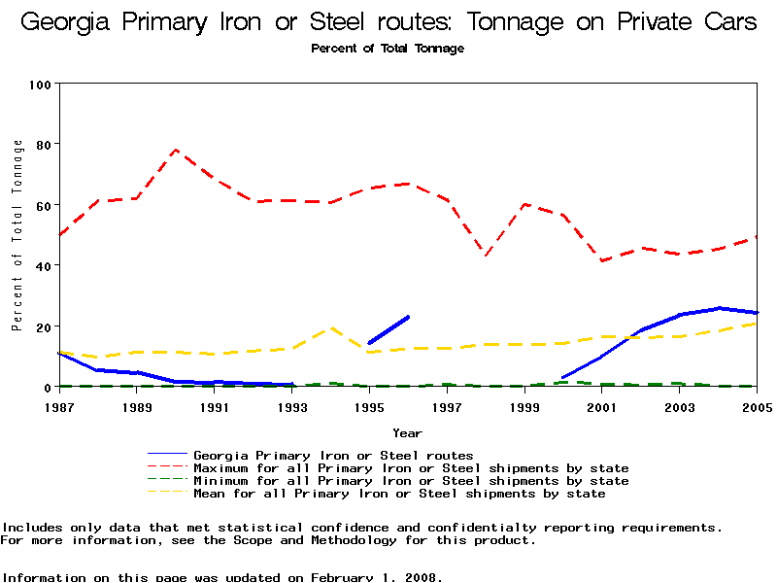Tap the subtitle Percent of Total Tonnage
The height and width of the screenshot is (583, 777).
click(x=388, y=49)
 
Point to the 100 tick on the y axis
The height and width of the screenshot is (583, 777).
click(x=40, y=85)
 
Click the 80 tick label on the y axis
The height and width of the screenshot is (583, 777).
click(x=43, y=145)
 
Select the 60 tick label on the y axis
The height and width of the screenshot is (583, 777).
click(x=43, y=205)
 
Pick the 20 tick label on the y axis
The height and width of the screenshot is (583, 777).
click(x=43, y=326)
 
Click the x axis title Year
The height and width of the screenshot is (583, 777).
click(x=407, y=432)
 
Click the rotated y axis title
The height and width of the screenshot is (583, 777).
click(x=17, y=235)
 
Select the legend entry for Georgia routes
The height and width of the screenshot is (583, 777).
click(x=333, y=455)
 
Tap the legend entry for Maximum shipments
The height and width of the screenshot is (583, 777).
click(x=411, y=468)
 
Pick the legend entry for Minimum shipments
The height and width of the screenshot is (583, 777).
click(x=411, y=481)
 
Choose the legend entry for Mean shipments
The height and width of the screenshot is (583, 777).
click(x=399, y=494)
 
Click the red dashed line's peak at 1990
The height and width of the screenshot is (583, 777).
click(x=176, y=150)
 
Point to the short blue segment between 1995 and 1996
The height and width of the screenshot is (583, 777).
click(x=388, y=329)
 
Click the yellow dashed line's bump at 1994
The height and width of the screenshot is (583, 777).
click(x=331, y=328)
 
